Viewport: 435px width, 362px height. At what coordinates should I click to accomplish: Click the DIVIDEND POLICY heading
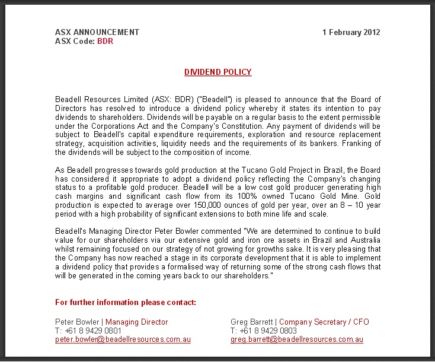[x=217, y=72]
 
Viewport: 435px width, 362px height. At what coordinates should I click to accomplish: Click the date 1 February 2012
[x=351, y=33]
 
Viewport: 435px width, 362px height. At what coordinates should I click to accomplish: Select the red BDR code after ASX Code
[x=105, y=42]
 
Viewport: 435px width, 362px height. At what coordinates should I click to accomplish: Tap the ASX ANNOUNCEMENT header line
[x=97, y=33]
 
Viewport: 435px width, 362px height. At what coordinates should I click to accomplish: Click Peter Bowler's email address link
[x=123, y=340]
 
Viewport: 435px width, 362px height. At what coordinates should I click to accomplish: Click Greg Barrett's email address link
[x=296, y=340]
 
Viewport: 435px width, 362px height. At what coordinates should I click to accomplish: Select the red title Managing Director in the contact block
[x=137, y=322]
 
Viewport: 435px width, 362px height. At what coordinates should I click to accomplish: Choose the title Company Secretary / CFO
[x=324, y=322]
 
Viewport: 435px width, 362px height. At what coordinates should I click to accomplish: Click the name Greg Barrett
[x=252, y=322]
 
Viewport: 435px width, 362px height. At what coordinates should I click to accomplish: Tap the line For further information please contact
[x=126, y=303]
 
